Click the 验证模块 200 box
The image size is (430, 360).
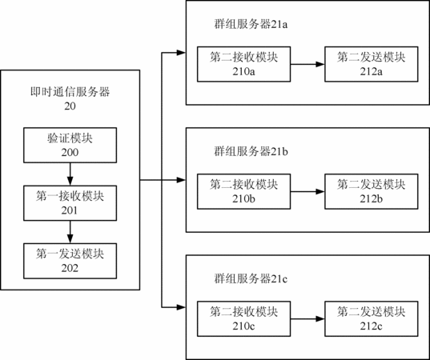coord(70,146)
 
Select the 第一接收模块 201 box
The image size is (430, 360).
coord(70,203)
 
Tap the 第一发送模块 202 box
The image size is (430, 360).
coord(70,261)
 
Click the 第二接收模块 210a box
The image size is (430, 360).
coord(243,64)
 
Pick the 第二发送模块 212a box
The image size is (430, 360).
coord(372,64)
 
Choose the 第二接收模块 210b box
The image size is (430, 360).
coord(243,191)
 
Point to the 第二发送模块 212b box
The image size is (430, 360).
coord(372,191)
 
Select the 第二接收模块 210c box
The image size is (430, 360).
coord(243,319)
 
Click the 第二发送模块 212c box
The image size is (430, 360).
coord(372,319)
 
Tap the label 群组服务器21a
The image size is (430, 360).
coord(251,24)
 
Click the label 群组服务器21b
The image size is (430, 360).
coord(251,151)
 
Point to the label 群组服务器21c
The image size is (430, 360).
coord(251,279)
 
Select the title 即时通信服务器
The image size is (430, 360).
coord(70,92)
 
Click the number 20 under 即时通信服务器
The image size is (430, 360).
coord(70,106)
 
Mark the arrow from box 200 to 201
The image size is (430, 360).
coord(70,174)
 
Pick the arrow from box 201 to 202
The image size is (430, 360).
coord(70,232)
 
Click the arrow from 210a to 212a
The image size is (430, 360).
coord(307,64)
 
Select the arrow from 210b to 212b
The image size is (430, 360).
coord(307,192)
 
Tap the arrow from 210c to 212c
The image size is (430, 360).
coord(307,319)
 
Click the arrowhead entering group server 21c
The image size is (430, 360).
coord(181,307)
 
